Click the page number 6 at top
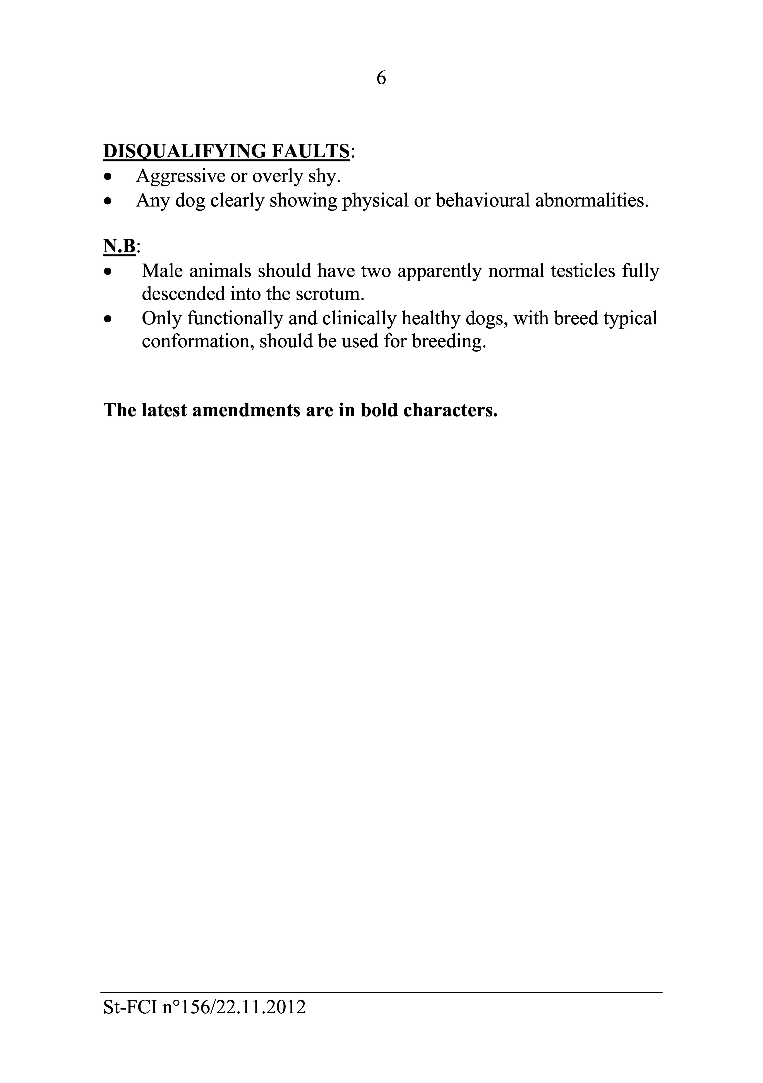pos(381,78)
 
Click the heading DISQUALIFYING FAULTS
pos(226,151)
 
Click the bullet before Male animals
pos(108,272)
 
